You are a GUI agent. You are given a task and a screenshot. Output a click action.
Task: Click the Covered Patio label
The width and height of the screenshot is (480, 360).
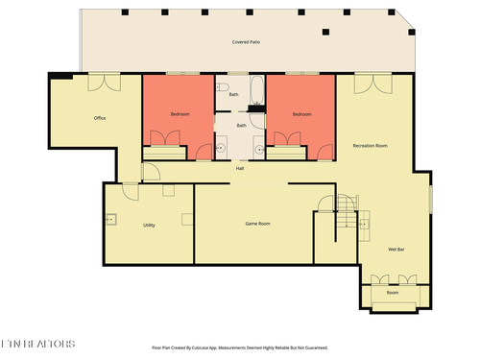click(247, 42)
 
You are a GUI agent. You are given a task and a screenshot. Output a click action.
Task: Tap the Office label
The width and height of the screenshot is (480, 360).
click(99, 118)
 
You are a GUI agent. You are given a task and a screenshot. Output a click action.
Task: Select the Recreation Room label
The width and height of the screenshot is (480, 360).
click(370, 145)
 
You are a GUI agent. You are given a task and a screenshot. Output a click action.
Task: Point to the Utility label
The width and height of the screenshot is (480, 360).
click(149, 225)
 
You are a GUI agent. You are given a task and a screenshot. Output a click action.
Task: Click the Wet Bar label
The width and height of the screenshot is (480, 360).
click(396, 250)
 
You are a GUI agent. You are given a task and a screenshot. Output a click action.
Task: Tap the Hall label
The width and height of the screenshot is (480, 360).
click(240, 168)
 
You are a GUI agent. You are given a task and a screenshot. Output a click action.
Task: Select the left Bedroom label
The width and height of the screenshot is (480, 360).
click(180, 114)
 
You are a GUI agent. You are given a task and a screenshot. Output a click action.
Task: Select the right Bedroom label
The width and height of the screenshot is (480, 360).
click(301, 114)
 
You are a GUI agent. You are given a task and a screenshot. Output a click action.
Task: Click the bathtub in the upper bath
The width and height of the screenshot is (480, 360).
click(257, 92)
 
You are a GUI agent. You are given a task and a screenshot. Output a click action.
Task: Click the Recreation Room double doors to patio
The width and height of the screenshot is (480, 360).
click(369, 84)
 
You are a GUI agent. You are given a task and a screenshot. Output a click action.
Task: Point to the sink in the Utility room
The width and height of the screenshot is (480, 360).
click(109, 219)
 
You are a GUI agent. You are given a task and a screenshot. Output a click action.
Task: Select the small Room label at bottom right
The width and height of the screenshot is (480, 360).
click(393, 292)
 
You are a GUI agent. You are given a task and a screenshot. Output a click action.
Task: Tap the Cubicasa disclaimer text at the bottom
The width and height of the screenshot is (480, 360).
click(240, 348)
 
